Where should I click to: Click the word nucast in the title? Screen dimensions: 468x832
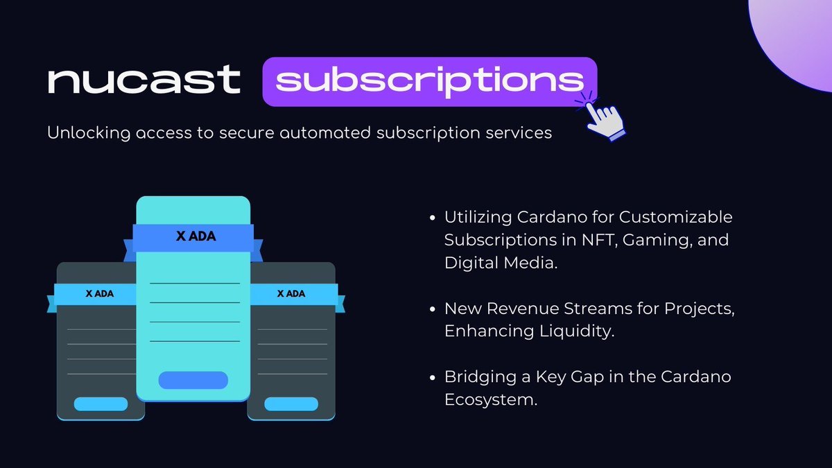(x=144, y=80)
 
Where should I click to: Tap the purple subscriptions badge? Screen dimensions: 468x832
(x=429, y=82)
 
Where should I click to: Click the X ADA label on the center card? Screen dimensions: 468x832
(x=196, y=236)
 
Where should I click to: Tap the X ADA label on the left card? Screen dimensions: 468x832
(x=100, y=293)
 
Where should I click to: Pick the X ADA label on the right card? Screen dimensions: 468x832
(x=291, y=293)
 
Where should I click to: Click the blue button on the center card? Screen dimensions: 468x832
(x=193, y=380)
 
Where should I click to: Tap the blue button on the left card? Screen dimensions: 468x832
(x=101, y=404)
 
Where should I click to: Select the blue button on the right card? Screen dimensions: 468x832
(x=291, y=404)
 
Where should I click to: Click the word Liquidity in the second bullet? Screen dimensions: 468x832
(x=577, y=331)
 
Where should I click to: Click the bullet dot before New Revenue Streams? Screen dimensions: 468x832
(x=432, y=309)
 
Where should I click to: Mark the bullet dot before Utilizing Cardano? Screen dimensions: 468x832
(x=432, y=218)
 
